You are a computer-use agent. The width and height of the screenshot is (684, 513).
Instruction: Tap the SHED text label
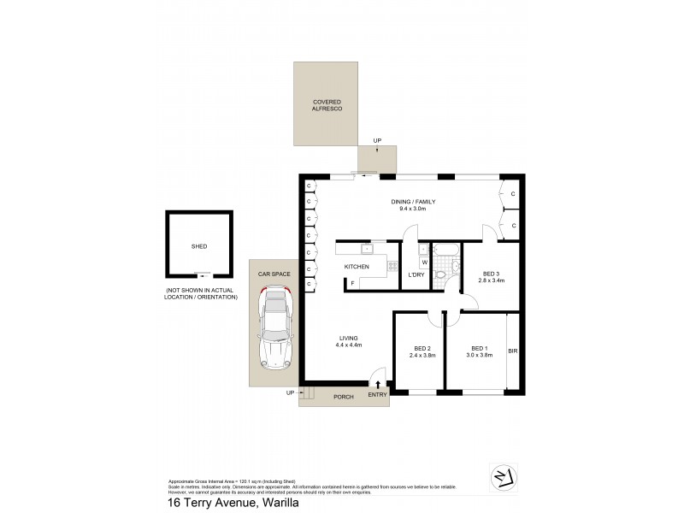(x=199, y=246)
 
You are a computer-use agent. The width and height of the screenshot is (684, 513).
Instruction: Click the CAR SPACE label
(x=274, y=274)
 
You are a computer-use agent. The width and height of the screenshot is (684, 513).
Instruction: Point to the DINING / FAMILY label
(x=414, y=202)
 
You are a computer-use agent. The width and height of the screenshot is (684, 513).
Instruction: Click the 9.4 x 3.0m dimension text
(x=414, y=209)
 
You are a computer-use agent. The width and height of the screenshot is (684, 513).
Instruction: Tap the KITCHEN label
(x=357, y=268)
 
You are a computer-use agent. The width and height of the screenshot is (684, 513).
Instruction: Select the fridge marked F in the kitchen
(x=352, y=283)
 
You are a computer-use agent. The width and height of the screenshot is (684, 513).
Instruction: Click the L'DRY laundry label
(x=416, y=274)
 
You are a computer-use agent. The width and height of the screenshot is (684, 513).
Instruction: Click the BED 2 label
(x=422, y=349)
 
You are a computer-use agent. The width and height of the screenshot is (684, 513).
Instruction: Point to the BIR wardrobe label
(x=512, y=351)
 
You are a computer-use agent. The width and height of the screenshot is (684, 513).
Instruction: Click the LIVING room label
(x=347, y=338)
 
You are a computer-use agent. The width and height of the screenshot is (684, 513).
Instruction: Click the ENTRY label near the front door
(x=377, y=394)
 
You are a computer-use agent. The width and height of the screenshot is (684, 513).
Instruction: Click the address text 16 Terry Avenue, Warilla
(x=228, y=504)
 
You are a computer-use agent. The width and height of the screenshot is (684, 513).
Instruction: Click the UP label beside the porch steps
(x=291, y=393)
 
